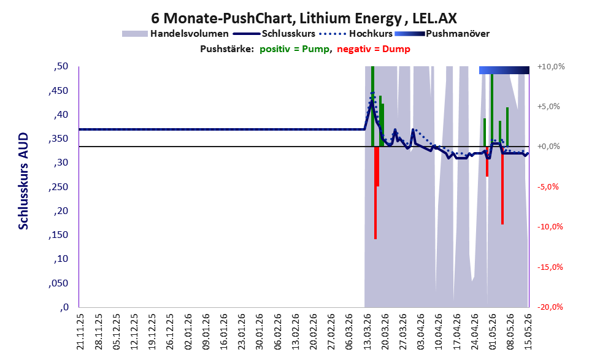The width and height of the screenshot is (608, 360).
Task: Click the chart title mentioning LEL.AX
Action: click(304, 18)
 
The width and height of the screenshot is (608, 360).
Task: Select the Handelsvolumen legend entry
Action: click(175, 34)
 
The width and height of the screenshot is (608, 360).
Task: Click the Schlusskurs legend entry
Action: click(274, 34)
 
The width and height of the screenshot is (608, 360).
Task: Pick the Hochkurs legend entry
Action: click(356, 34)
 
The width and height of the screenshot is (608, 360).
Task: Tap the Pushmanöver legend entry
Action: click(442, 34)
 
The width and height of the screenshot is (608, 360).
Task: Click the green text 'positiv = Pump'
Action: click(294, 49)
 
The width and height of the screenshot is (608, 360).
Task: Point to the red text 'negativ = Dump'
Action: click(374, 49)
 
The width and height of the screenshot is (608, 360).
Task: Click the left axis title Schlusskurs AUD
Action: click(23, 181)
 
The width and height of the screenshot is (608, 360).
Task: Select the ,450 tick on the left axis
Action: click(58, 91)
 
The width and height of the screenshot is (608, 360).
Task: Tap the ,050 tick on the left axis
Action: click(58, 283)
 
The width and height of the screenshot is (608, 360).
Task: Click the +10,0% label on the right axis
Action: click(551, 67)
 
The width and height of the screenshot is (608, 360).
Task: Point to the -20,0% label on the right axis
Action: click(550, 307)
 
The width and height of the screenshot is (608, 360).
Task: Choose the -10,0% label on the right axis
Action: click(550, 227)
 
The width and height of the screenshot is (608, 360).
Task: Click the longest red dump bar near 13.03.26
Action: click(375, 193)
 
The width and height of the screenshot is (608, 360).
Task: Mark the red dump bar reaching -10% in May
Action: click(502, 185)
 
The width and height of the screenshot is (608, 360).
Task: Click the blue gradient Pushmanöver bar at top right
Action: click(504, 70)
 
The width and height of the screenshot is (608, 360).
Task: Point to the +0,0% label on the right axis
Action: click(550, 147)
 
